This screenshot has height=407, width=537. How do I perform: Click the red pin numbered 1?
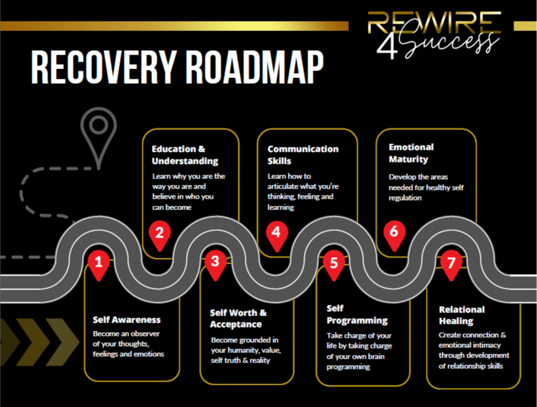click(x=98, y=264)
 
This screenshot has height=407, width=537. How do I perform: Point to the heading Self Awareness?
click(x=126, y=319)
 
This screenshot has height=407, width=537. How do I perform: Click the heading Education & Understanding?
click(x=184, y=155)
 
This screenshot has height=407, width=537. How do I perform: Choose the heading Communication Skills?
click(x=302, y=155)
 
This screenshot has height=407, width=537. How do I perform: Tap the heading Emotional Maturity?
click(x=411, y=154)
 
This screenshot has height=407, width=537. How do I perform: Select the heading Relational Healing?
click(x=461, y=315)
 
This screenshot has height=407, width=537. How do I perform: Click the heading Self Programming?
click(x=357, y=314)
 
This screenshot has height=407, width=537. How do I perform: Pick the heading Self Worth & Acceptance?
click(x=238, y=319)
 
